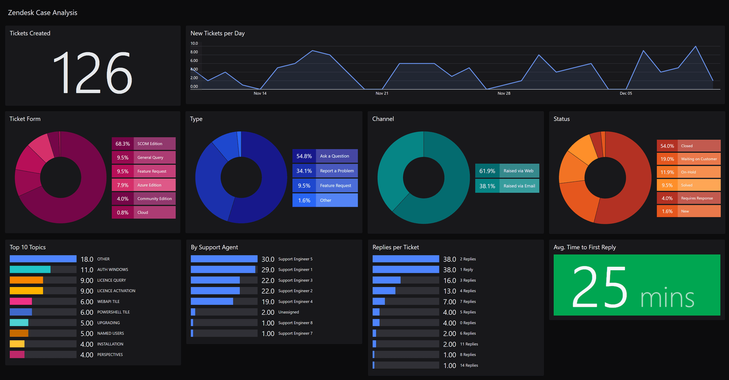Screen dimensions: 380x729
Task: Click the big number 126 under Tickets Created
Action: [x=93, y=73]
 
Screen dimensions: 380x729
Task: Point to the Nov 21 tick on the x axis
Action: [x=382, y=93]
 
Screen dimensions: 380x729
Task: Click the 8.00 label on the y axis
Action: [x=194, y=52]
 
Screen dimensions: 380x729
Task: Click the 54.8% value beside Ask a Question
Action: [x=304, y=156]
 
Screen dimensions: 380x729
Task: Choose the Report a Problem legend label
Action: [x=336, y=171]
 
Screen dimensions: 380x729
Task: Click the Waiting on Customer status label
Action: [x=699, y=159]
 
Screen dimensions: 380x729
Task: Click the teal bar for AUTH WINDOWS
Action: [x=30, y=269]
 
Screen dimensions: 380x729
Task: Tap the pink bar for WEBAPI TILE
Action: [x=21, y=301]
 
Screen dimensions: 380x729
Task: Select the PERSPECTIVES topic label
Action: [x=110, y=355]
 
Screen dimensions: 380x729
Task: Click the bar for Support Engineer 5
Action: [x=224, y=259]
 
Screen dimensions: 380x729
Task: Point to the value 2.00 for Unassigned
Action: [x=268, y=312]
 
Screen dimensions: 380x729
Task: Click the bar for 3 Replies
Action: [x=387, y=280]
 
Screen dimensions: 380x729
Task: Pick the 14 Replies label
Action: [x=469, y=365]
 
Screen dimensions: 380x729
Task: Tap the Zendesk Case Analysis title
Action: [x=43, y=13]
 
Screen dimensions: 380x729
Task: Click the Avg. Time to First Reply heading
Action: [x=584, y=247]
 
